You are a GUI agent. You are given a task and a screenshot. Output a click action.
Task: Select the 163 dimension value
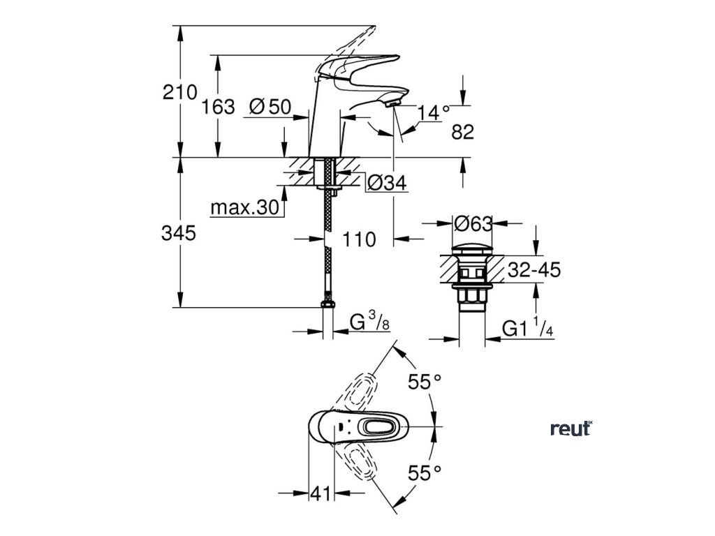[x=217, y=107]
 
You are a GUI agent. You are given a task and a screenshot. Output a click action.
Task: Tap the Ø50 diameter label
[x=270, y=107]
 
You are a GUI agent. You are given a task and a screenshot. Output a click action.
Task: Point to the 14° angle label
[x=434, y=112]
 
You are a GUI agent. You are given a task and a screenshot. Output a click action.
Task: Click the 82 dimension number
[x=463, y=131]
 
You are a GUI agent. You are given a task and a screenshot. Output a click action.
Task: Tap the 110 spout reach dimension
[x=360, y=239]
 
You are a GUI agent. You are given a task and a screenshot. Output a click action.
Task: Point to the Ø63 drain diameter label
[x=473, y=224]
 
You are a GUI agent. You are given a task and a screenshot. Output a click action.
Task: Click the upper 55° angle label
[x=425, y=381]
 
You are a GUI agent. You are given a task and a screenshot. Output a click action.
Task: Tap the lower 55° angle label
[x=425, y=473]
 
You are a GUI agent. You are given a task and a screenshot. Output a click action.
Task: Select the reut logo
[x=570, y=429]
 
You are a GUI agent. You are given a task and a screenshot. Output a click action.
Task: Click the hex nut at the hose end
[x=327, y=305]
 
